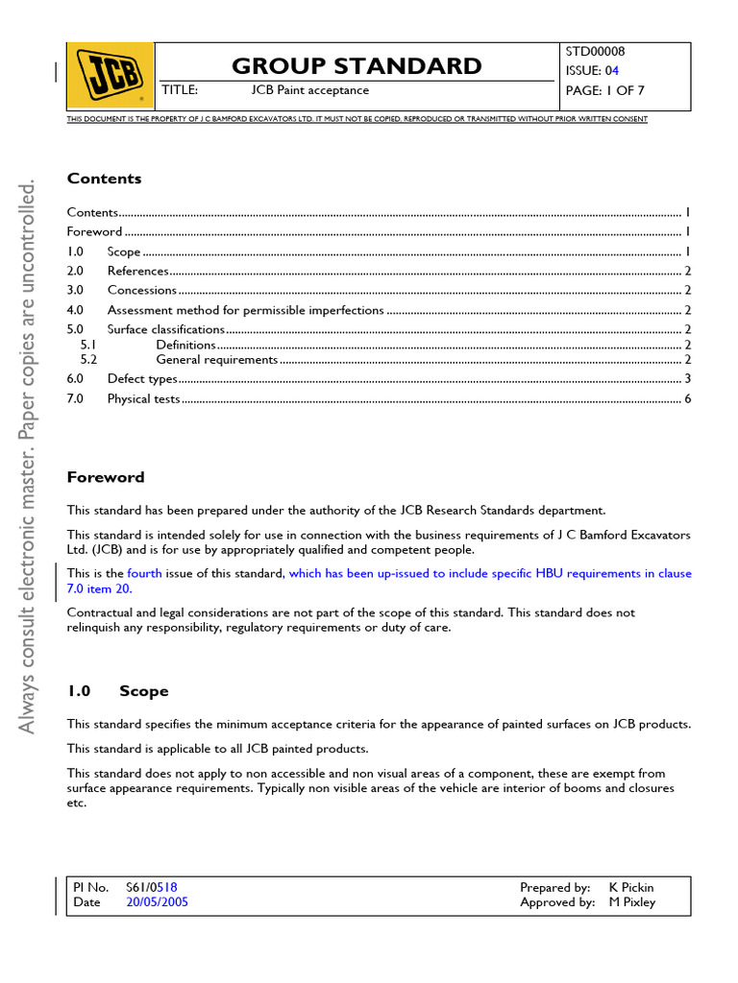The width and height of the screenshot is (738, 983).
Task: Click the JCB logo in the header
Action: [x=110, y=75]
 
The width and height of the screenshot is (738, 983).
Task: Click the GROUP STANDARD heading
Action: [x=357, y=65]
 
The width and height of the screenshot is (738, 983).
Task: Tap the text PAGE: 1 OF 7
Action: [x=606, y=90]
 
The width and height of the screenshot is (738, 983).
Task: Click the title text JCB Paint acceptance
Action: [x=309, y=90]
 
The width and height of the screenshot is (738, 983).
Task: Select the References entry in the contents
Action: [x=138, y=271]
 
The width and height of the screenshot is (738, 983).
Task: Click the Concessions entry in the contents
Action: [x=142, y=290]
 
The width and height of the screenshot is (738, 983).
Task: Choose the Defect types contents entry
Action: [x=142, y=379]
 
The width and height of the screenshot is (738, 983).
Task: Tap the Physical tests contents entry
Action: [x=143, y=398]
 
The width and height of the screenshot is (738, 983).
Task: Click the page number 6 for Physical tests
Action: [x=687, y=398]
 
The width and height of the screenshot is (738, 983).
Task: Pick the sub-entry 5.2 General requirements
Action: [x=216, y=360]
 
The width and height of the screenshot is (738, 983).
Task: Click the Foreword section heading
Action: [x=106, y=477]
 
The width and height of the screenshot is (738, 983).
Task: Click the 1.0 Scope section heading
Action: [x=117, y=691]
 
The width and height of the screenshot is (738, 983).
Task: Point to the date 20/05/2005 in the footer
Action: [x=157, y=902]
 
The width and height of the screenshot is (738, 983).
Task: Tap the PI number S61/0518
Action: [x=152, y=888]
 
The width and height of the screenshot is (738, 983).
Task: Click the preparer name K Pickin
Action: [x=631, y=888]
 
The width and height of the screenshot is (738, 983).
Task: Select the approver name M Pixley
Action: [x=632, y=902]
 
